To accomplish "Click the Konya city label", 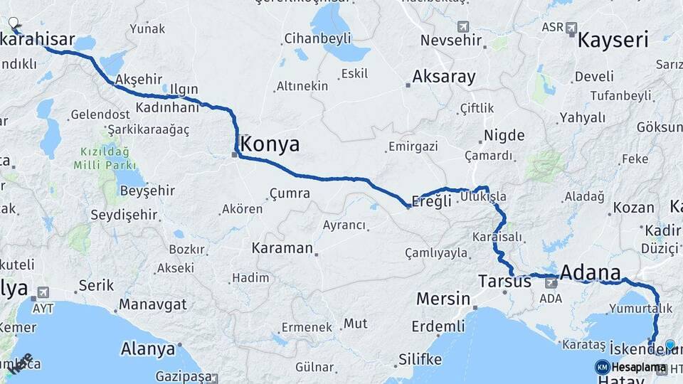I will point(270,144).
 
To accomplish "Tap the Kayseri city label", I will point(613,40).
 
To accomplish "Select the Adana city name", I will point(591,272).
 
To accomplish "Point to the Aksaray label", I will point(444,77).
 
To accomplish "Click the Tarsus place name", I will point(505,281).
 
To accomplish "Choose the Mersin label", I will point(443,298).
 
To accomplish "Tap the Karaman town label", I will point(282,248).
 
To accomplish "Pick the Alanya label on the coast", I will point(148,349).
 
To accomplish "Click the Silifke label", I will point(420,358).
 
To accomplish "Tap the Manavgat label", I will point(152,304).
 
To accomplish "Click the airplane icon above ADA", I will point(551,283).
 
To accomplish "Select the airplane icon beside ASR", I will point(571,28).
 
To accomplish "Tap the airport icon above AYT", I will point(43,292).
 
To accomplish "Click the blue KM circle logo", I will point(602,367).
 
